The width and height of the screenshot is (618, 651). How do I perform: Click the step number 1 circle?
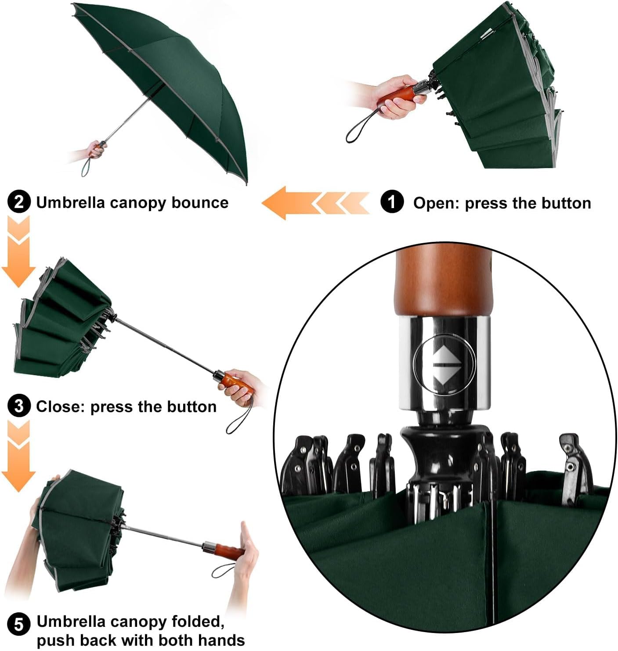392,202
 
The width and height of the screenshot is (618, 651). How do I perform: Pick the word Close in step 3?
60,406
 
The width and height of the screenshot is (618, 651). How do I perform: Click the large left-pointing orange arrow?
286,203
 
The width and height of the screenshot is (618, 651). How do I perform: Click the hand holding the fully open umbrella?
94,150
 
